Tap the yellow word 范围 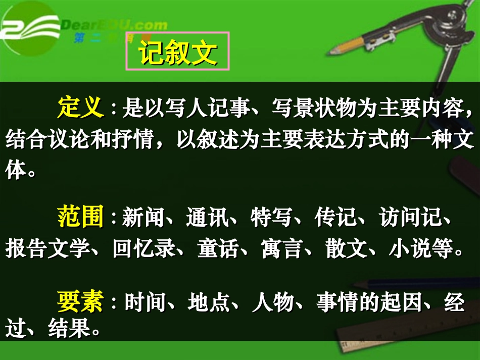[x=81, y=218]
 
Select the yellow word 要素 [x=81, y=302]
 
